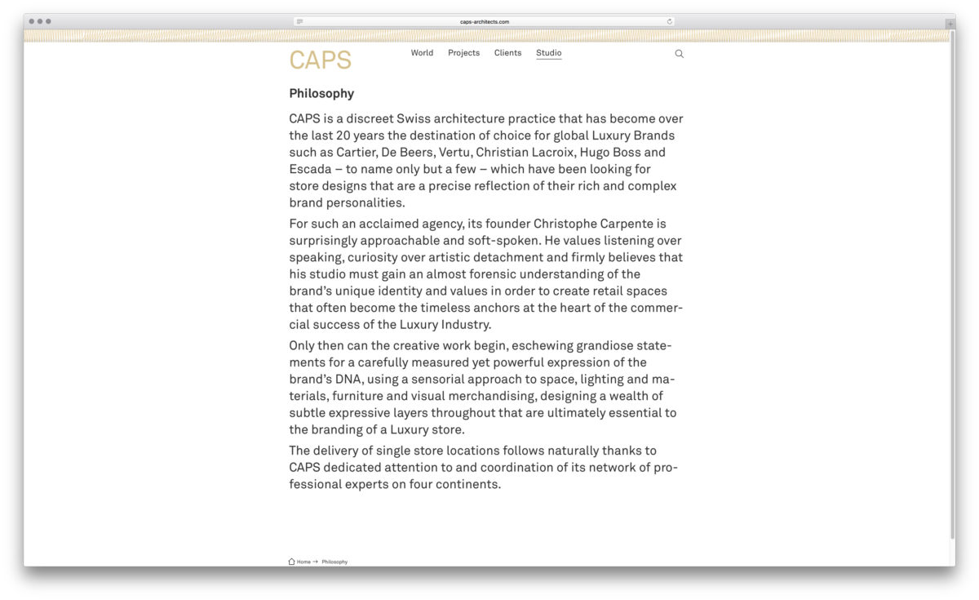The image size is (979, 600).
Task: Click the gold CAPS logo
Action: pyautogui.click(x=320, y=60)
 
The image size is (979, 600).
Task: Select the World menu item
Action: pyautogui.click(x=422, y=53)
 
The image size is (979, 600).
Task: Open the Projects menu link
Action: pyautogui.click(x=463, y=53)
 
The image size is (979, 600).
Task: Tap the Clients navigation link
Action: pyautogui.click(x=507, y=53)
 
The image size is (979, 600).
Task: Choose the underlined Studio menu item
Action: pyautogui.click(x=548, y=53)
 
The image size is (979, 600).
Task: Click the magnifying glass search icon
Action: pyautogui.click(x=679, y=54)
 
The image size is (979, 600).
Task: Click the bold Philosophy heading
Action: pyautogui.click(x=321, y=93)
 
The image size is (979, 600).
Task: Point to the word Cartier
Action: pyautogui.click(x=356, y=153)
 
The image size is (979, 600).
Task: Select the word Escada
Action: pyautogui.click(x=310, y=169)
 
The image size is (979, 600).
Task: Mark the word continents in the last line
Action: pyautogui.click(x=467, y=484)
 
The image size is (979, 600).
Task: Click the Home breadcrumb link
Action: pyautogui.click(x=303, y=562)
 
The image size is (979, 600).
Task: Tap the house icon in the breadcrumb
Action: pyautogui.click(x=291, y=562)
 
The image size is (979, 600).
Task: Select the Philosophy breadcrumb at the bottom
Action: pyautogui.click(x=334, y=562)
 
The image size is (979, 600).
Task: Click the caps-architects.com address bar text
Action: pyautogui.click(x=485, y=22)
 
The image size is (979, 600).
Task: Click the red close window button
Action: pyautogui.click(x=32, y=21)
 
